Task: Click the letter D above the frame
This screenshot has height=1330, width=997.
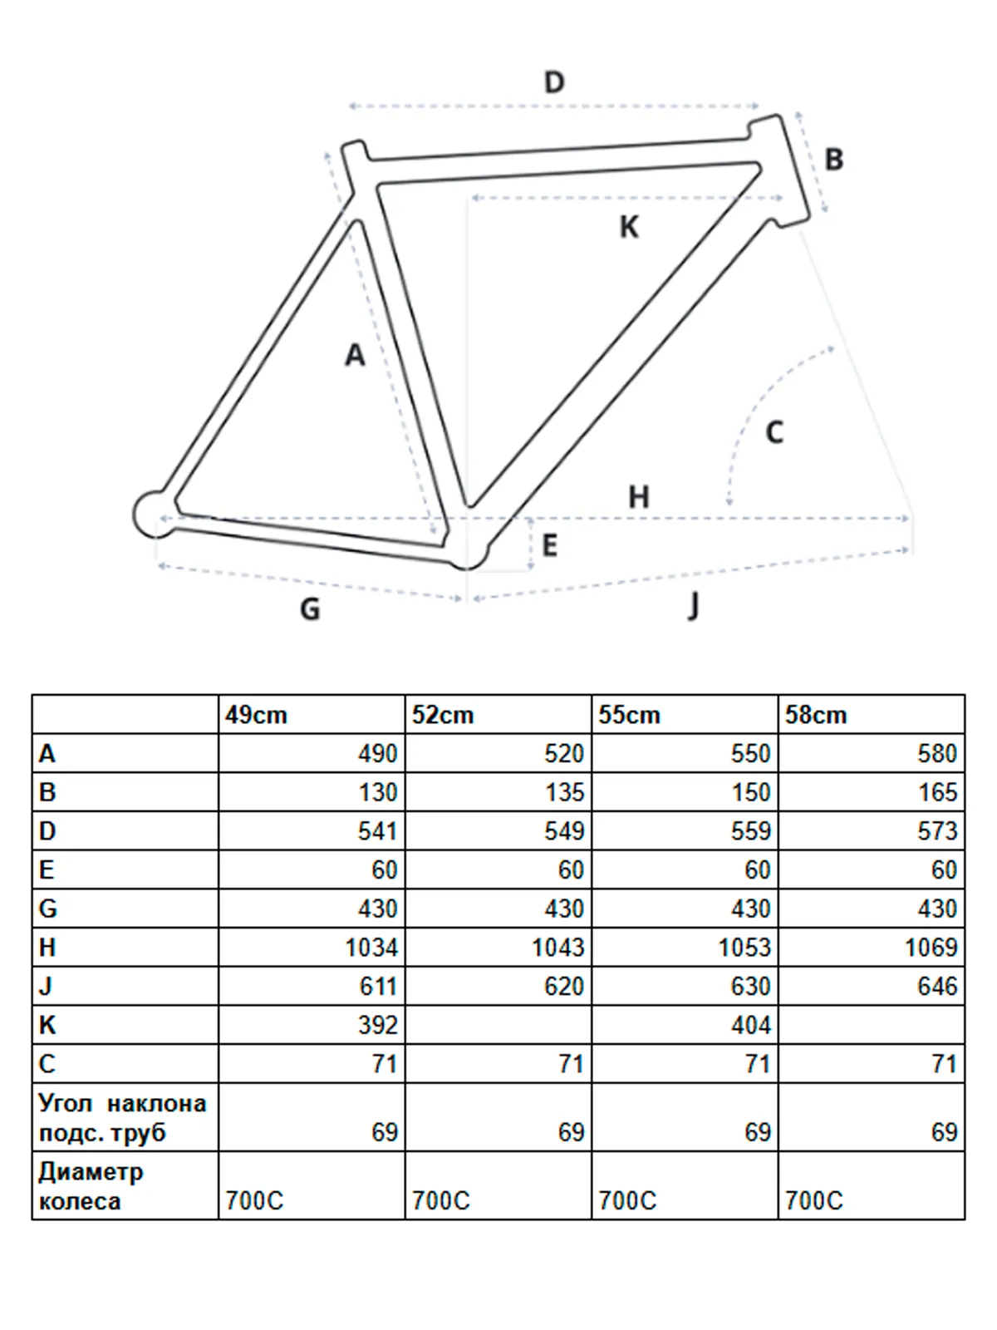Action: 554,82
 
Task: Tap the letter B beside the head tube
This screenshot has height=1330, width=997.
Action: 833,159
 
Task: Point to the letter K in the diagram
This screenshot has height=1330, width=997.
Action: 629,227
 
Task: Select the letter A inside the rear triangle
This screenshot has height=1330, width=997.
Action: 355,355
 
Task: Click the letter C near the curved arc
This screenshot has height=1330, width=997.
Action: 774,432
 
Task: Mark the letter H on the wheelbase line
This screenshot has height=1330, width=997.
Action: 638,497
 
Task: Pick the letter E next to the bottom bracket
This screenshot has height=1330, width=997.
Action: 549,546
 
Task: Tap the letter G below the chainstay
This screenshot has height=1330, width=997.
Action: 310,609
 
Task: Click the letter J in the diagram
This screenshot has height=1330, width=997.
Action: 693,606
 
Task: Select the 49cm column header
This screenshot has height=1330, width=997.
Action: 256,715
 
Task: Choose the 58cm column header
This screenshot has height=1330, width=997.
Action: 816,715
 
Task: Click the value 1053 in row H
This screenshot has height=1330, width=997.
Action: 744,947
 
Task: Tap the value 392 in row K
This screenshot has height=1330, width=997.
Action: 378,1024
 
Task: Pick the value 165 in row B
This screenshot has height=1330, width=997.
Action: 937,792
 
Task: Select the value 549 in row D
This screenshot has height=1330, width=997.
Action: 564,830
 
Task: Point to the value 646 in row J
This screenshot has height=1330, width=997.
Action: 937,986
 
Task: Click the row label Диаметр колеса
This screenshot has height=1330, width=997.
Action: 91,1186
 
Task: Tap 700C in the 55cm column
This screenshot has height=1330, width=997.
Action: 627,1200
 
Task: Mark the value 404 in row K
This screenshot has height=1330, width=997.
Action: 751,1024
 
